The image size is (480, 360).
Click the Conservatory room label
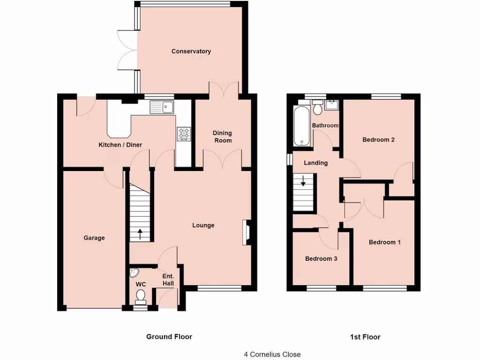[x=191, y=51]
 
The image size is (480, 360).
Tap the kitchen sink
[x=162, y=108]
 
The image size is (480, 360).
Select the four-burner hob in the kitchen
[x=183, y=134]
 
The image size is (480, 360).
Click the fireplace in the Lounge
[x=246, y=232]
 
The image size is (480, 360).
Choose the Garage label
[x=94, y=238]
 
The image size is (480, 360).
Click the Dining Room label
[x=223, y=137]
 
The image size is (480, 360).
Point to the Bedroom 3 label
[x=321, y=258]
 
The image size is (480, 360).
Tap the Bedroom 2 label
[x=378, y=139]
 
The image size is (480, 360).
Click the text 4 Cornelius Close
[x=272, y=354]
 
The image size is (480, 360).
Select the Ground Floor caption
[x=169, y=337]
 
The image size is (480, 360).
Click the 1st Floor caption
[x=365, y=337]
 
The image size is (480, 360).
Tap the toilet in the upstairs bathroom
[x=317, y=108]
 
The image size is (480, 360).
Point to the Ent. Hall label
[x=168, y=280]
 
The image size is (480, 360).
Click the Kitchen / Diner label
[x=120, y=145]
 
